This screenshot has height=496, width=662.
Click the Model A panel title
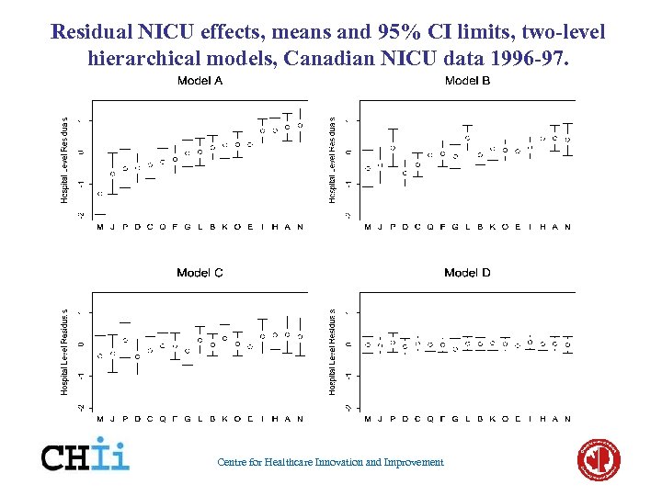200,81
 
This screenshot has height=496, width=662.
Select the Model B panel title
467,81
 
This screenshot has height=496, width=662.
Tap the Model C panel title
200,273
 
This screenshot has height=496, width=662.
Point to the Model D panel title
467,273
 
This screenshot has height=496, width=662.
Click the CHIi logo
86,454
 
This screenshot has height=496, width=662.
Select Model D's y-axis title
333,351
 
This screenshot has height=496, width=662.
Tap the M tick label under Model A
100,227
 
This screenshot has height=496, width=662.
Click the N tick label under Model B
567,227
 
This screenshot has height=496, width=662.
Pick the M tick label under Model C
100,419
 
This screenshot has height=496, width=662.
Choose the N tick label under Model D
567,419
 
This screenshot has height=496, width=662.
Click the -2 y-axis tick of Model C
81,407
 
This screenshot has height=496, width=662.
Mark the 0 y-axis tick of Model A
81,152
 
